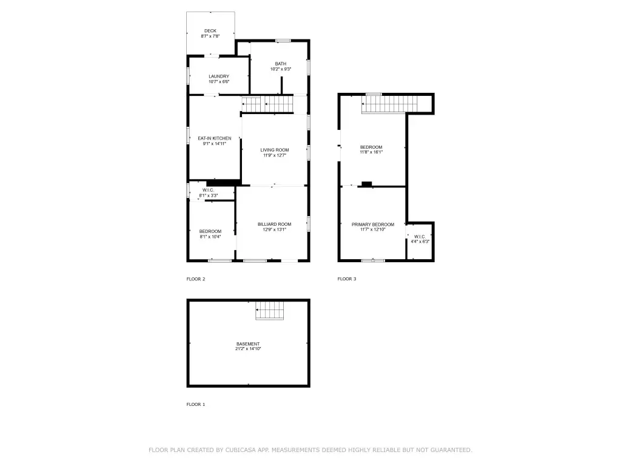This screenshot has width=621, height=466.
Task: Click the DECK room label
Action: tap(210, 31)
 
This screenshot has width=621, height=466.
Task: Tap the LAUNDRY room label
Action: tap(219, 76)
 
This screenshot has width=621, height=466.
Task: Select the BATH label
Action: tap(281, 64)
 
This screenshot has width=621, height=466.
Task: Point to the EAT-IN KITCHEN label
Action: tap(215, 138)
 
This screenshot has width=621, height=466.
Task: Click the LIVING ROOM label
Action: tap(275, 150)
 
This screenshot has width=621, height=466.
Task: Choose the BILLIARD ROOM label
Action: tap(275, 225)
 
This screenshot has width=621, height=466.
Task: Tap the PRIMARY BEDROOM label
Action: tap(373, 225)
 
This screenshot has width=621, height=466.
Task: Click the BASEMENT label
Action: tap(248, 344)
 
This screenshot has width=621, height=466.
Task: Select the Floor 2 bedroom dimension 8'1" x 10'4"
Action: tap(210, 237)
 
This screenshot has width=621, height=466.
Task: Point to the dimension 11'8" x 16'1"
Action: tap(371, 152)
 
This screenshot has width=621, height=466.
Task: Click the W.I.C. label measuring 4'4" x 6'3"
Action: tap(420, 237)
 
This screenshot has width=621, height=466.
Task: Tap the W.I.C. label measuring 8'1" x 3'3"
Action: tap(209, 190)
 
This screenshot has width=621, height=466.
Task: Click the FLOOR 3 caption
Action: tap(347, 279)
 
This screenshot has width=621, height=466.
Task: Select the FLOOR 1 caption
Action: tap(196, 405)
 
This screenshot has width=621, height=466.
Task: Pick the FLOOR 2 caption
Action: tap(196, 279)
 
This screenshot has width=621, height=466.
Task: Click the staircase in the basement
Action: tap(270, 310)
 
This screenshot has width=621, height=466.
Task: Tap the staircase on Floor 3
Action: tap(389, 104)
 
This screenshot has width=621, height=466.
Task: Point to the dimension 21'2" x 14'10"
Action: tap(248, 349)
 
